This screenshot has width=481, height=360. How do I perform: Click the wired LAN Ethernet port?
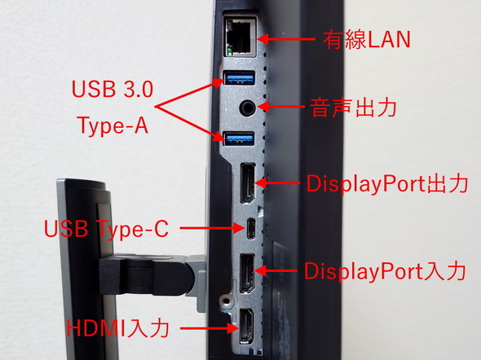pos(240,37)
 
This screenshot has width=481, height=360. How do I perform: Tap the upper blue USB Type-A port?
pos(240,78)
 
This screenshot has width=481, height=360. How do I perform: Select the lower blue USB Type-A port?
pos(240,139)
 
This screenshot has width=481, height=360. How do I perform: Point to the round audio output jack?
pos(247,108)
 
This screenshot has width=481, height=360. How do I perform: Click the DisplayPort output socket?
pos(248,183)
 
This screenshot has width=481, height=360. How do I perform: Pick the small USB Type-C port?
pos(251,228)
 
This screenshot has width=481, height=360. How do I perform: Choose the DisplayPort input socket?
pos(247,274)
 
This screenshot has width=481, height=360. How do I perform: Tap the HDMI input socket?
pos(246,327)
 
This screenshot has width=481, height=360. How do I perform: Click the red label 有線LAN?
pos(366,40)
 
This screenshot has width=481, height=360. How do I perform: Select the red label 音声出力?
pos(353,108)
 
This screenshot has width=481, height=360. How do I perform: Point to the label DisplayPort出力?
pos(387,184)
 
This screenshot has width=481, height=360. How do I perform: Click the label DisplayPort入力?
pos(385,271)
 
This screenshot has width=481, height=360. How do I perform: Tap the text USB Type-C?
pos(107,229)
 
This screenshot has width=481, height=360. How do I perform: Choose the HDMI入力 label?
pos(118,328)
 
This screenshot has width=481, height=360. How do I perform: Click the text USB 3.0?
pos(113,89)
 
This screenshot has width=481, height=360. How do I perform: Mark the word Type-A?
pos(113,125)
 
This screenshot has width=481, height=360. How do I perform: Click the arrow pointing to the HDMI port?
pos(209,329)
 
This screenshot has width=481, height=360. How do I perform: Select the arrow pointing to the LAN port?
pos(286,39)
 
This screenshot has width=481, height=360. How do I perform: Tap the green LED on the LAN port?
pos(229,51)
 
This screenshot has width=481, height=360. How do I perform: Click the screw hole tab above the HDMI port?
pos(227,301)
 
